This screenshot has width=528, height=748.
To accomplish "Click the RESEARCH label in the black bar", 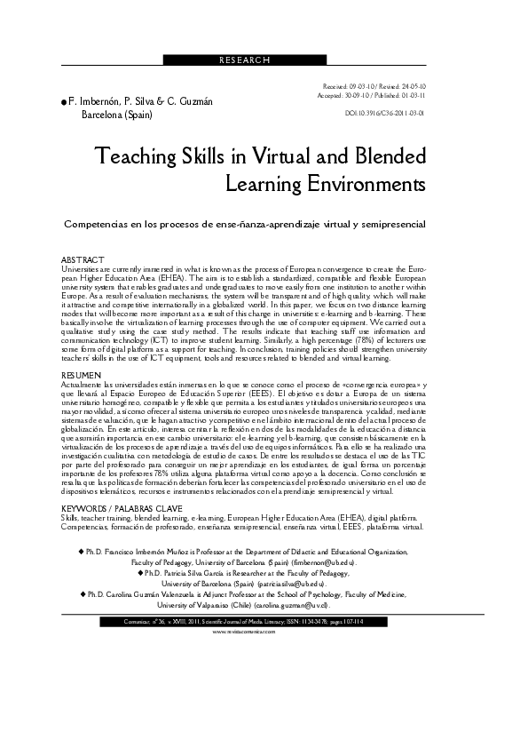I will (x=243, y=60).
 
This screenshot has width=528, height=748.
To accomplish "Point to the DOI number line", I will (x=384, y=114).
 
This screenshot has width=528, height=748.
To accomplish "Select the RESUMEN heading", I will (x=80, y=377).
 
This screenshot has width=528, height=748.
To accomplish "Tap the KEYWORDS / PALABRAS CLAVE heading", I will (x=115, y=510).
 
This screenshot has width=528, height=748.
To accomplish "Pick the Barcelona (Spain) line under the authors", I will (x=117, y=115).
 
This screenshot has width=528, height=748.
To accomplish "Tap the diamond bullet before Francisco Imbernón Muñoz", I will (x=81, y=552).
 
